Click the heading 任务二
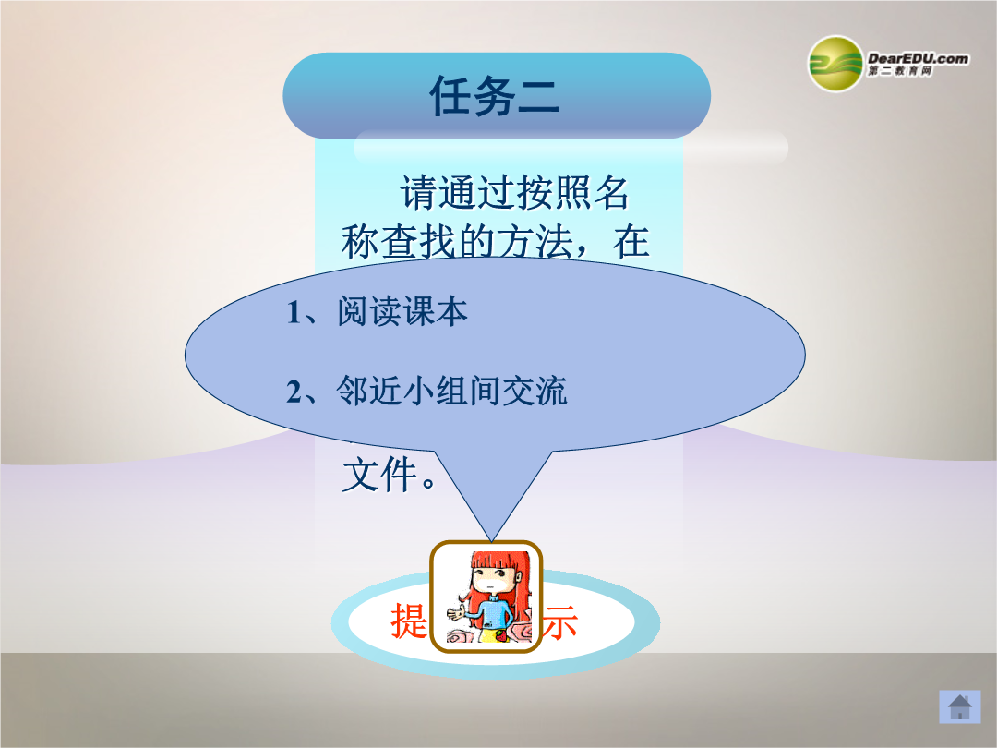tap(495, 96)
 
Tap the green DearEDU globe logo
tap(835, 64)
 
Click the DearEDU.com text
tap(919, 58)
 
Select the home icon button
tap(959, 706)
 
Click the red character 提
tap(409, 621)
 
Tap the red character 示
tap(559, 621)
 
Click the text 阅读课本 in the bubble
tap(402, 312)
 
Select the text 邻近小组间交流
tap(451, 391)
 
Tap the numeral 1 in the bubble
tap(294, 313)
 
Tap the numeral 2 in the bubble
tap(294, 392)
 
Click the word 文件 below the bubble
tap(379, 475)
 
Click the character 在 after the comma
tap(631, 242)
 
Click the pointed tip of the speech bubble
tap(491, 541)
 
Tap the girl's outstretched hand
tap(456, 614)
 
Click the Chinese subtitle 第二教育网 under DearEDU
tap(900, 71)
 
